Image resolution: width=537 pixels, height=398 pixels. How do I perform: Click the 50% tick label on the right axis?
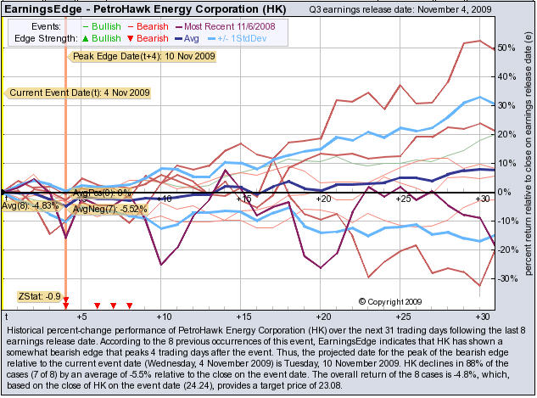click(506, 48)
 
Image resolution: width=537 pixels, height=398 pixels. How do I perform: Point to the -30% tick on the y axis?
click(506, 278)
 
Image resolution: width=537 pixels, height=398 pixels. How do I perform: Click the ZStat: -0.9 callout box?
click(40, 296)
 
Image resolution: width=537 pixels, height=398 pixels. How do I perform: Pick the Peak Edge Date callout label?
click(143, 56)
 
